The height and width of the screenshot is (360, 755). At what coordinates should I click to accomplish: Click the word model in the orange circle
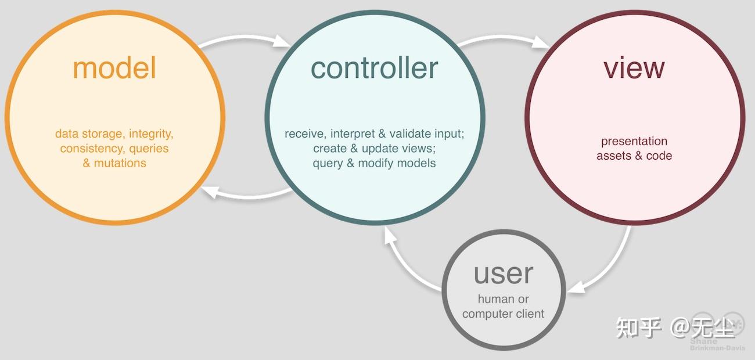[x=114, y=68]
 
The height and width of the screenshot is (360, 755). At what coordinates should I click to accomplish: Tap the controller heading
[x=374, y=68]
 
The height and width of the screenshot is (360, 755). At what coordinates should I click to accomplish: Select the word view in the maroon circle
[x=634, y=68]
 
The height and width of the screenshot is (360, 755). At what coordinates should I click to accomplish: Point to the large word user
[x=503, y=273]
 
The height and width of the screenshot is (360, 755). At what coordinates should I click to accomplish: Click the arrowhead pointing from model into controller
[x=282, y=41]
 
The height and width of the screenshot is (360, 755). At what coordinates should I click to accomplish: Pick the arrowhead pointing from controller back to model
[x=210, y=192]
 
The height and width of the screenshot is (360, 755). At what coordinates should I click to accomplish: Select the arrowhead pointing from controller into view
[x=541, y=42]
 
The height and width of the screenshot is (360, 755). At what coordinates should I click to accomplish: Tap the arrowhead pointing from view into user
[x=576, y=288]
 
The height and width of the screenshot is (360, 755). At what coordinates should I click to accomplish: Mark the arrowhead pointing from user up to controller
[x=390, y=235]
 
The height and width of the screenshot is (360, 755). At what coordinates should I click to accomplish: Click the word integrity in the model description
[x=151, y=134]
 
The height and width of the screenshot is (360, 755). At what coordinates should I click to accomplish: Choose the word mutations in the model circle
[x=120, y=163]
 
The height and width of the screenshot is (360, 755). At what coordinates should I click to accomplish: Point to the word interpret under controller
[x=352, y=134]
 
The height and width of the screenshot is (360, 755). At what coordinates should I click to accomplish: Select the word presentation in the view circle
[x=634, y=141]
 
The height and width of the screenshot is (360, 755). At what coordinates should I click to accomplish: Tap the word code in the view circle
[x=659, y=156]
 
